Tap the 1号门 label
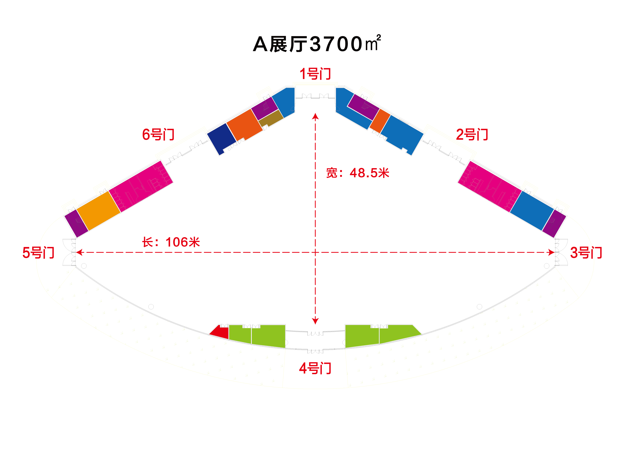(315, 74)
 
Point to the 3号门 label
(586, 253)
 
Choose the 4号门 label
(315, 368)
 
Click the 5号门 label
(38, 253)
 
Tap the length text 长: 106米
(171, 242)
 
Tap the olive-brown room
(271, 118)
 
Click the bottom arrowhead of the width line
(315, 321)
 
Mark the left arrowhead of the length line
(79, 252)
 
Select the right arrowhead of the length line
(551, 252)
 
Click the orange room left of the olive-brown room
(244, 125)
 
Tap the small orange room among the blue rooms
(380, 121)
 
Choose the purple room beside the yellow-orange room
(76, 224)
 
